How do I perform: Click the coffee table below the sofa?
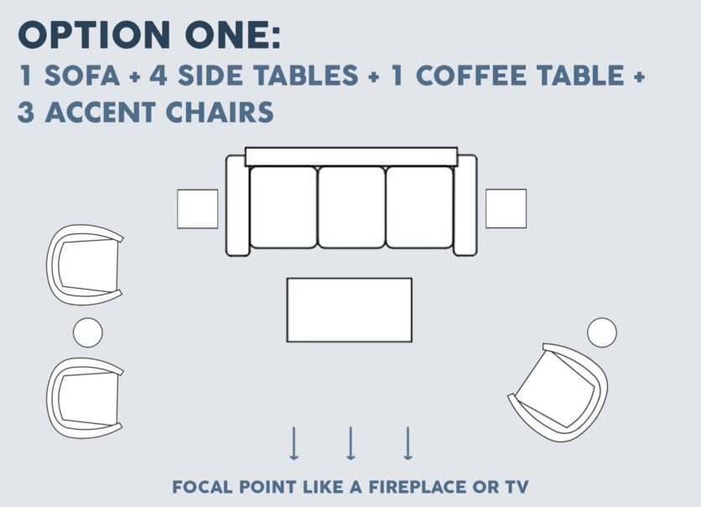pos(350,310)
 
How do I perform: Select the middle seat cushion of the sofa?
pos(351,206)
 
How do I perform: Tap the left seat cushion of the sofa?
pos(283,206)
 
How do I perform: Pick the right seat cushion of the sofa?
pos(419,206)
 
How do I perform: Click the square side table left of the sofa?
pos(197,209)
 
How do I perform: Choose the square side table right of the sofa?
pos(506,209)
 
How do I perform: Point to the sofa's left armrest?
pos(237,206)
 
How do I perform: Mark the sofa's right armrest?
pos(465,206)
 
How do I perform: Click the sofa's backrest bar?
pos(350,157)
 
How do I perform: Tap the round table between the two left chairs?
pos(87,332)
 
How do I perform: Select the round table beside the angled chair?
pos(601,332)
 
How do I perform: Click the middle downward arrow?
pos(350,443)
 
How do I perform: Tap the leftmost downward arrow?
pos(293,443)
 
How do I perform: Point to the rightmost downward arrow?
pos(408,443)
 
